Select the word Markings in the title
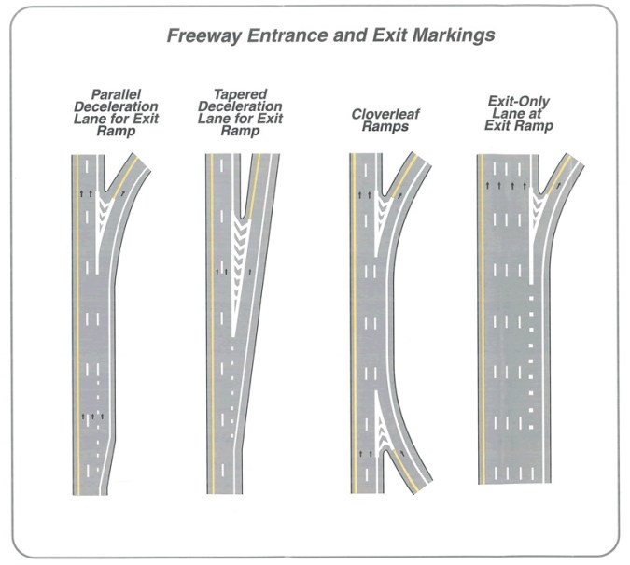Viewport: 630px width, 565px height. pos(455,37)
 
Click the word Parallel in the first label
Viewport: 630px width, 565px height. pos(116,94)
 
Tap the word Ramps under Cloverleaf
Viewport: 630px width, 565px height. pos(380,126)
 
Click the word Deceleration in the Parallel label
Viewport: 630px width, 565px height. pos(116,106)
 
